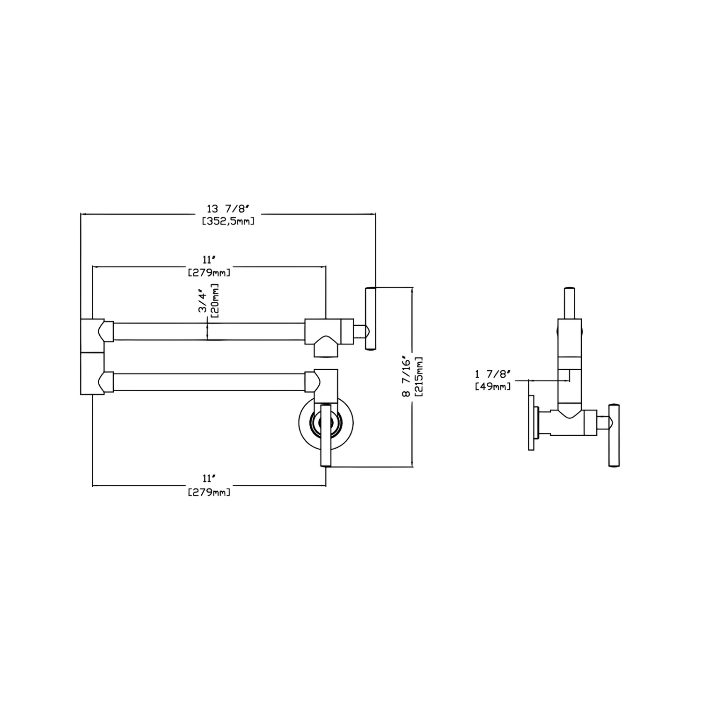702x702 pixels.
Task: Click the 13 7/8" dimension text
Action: [x=228, y=209]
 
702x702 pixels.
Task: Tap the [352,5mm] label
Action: [x=228, y=221]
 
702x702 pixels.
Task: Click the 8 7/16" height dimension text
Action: [x=406, y=378]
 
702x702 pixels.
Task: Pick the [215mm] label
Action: [x=418, y=378]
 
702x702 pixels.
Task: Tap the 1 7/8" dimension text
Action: [x=492, y=374]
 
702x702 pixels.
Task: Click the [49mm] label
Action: [x=492, y=387]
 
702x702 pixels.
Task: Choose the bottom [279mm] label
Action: [x=209, y=492]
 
